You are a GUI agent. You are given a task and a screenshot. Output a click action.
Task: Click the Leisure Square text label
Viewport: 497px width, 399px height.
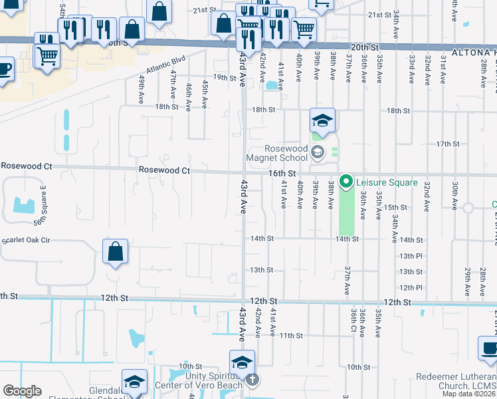tap(387, 182)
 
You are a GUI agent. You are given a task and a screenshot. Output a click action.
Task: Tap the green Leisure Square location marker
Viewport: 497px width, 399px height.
tap(346, 182)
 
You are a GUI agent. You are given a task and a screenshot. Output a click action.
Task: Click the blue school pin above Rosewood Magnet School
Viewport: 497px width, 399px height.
tap(322, 120)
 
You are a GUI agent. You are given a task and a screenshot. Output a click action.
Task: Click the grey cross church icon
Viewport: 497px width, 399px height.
tap(251, 380)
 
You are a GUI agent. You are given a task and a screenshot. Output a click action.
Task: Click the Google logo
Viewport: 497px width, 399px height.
tap(22, 391)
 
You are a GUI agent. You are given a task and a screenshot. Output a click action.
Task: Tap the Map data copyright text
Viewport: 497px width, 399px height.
tap(469, 394)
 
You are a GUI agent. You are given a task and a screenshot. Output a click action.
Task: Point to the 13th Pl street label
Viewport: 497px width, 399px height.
tap(411, 256)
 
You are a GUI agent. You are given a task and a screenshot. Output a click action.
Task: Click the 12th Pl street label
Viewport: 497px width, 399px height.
tap(411, 287)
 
